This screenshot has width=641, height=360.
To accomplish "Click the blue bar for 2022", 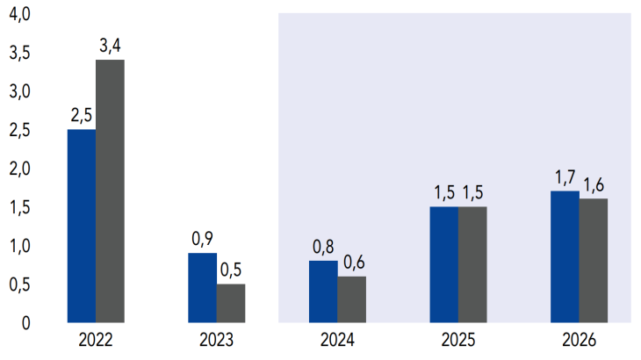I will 82,227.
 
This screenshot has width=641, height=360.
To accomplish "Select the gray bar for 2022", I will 110,191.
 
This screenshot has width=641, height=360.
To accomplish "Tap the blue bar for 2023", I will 203,288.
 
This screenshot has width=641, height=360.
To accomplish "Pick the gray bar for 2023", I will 231,303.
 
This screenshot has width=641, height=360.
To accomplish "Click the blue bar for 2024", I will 323,292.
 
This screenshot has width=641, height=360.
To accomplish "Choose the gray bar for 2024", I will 351,299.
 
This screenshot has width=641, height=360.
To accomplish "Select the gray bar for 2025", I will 472,264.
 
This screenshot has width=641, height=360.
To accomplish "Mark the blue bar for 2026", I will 565,256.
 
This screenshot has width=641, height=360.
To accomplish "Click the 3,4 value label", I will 110,47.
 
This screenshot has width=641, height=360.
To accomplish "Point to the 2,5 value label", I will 82,116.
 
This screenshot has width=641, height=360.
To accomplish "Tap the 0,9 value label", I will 203,240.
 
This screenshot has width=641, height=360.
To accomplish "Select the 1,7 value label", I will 565,177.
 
